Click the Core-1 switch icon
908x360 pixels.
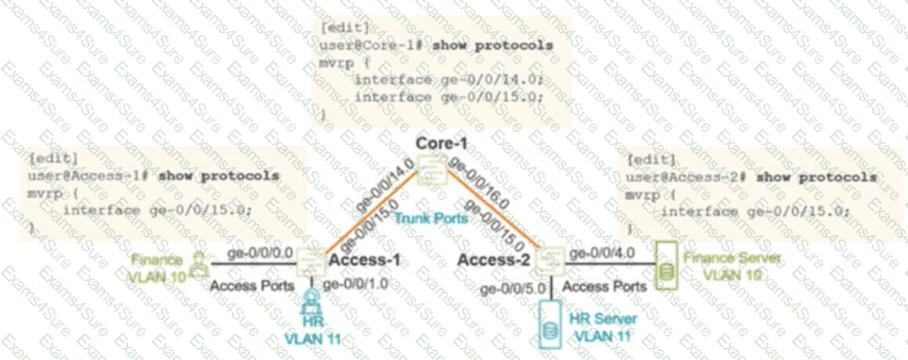click(x=431, y=175)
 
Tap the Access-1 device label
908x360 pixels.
click(x=361, y=260)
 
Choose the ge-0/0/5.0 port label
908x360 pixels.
click(x=511, y=288)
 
